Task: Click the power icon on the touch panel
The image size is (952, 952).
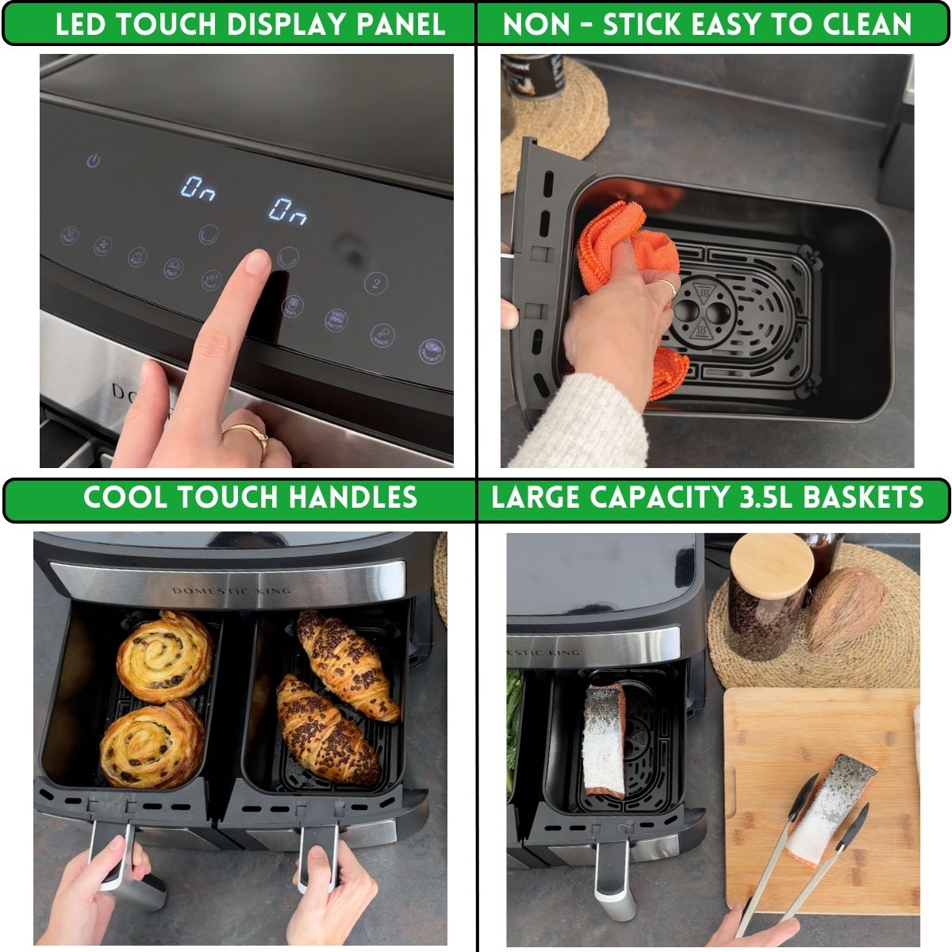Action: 94,161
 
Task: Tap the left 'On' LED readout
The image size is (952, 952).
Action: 196,188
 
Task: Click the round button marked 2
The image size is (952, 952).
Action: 375,283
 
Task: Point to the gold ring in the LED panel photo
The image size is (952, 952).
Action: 248,434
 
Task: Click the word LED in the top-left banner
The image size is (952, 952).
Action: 82,25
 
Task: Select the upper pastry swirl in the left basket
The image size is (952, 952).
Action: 164,656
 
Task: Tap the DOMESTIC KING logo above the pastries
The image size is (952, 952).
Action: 232,590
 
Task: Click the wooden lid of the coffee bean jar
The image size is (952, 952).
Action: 771,560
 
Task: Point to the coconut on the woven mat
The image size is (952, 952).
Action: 846,609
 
